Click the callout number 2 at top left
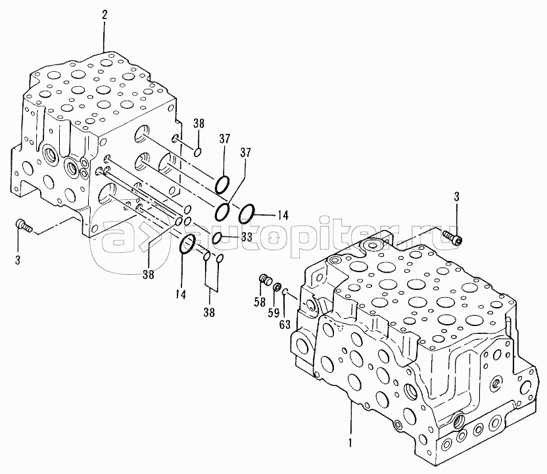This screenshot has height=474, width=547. [105, 14]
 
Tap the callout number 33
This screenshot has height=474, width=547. [247, 237]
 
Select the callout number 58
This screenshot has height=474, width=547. [260, 302]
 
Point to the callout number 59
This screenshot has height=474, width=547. [274, 313]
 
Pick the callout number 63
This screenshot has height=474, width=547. [285, 324]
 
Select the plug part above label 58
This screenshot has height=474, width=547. [266, 279]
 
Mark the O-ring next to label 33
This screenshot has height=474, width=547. [216, 238]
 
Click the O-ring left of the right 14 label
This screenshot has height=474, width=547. [247, 214]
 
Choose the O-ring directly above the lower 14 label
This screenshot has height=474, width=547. [187, 244]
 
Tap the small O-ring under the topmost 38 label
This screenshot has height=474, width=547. [197, 152]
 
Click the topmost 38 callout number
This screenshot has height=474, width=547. [199, 124]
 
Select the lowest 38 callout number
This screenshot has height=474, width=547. [209, 312]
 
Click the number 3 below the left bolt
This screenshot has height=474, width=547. [18, 260]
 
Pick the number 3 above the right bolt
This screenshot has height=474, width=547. [456, 197]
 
